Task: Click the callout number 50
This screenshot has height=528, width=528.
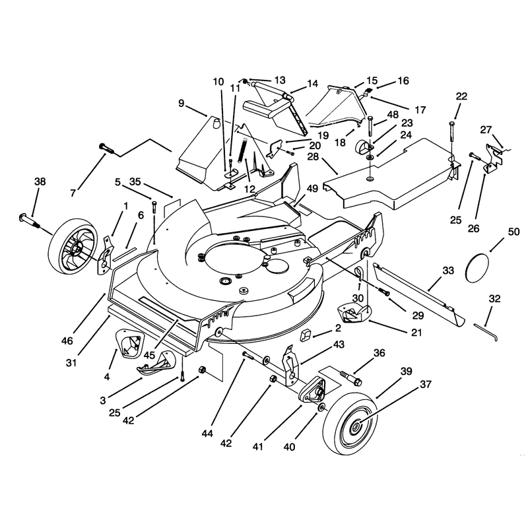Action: coord(513,232)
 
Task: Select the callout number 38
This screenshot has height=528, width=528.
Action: coord(40,182)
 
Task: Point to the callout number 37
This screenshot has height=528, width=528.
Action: coord(426,384)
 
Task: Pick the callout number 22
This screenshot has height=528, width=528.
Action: coord(461,96)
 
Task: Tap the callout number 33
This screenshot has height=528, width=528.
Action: coord(448,271)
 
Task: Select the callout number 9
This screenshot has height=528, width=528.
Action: coord(181,103)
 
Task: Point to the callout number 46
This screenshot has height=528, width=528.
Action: coord(67,341)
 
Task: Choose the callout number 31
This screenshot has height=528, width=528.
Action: coord(71,363)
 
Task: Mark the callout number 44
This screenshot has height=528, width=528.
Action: coord(207,434)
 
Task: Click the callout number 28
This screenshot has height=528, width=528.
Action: coord(313,157)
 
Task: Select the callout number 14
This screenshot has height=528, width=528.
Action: coord(312,84)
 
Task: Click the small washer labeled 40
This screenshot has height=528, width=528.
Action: coord(321,407)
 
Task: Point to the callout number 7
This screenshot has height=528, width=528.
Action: coord(73,193)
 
